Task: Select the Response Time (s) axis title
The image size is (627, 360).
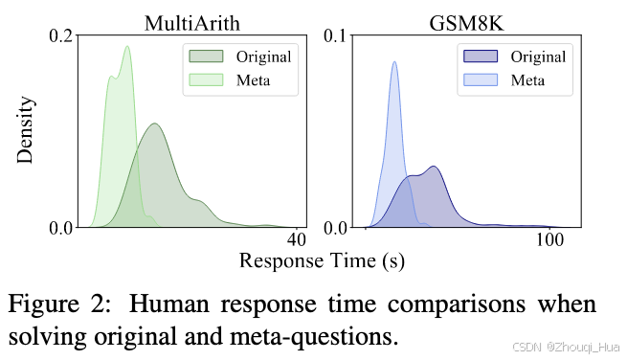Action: pyautogui.click(x=321, y=259)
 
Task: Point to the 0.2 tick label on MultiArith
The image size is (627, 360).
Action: pyautogui.click(x=60, y=36)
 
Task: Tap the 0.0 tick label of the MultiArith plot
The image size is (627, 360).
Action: pyautogui.click(x=60, y=228)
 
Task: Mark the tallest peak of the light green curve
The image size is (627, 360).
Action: pyautogui.click(x=126, y=46)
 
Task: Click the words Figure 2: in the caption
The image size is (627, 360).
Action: pyautogui.click(x=62, y=305)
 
